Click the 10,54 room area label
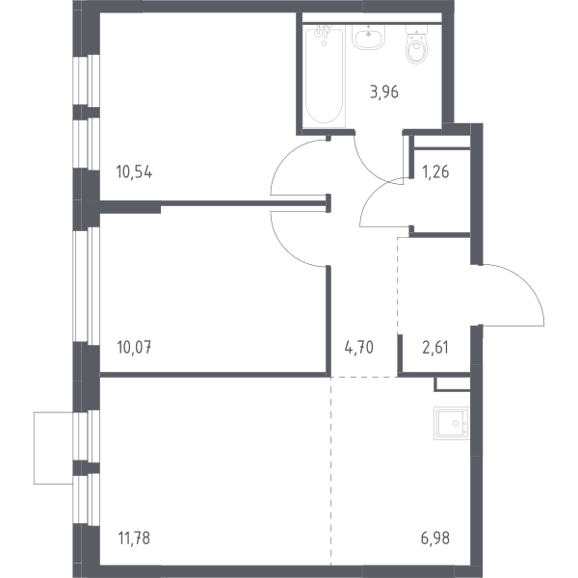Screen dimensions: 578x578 point(134,172)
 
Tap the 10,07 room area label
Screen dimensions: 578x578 point(134,347)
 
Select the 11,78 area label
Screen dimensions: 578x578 point(134,539)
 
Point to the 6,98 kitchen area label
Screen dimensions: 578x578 point(435,539)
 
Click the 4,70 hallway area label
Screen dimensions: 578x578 point(359,347)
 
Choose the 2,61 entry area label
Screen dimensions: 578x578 point(435,347)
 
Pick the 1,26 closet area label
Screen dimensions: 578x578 point(435,172)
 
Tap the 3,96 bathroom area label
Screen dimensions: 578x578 point(384,92)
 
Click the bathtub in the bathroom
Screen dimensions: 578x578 point(325,76)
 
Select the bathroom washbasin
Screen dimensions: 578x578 point(369,37)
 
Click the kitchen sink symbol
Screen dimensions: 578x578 point(452,423)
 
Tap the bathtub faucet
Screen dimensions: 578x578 point(324,33)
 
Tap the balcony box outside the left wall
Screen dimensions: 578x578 point(53,448)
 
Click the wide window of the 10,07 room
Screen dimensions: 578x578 point(87,286)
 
